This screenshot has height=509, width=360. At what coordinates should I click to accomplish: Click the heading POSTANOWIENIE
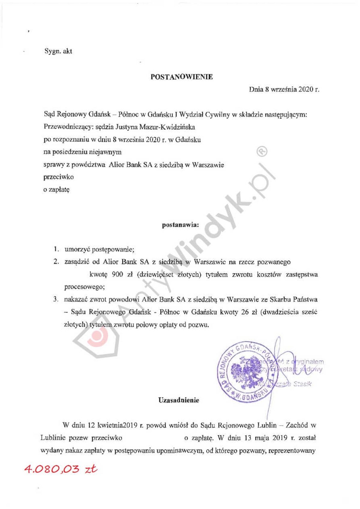click(x=181, y=77)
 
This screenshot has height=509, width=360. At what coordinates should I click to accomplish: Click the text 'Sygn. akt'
click(x=58, y=51)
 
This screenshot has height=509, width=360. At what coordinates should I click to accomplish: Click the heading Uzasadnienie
click(x=179, y=400)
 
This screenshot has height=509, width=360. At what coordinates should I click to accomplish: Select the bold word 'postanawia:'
click(x=180, y=225)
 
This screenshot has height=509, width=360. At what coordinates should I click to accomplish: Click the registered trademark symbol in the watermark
click(x=262, y=152)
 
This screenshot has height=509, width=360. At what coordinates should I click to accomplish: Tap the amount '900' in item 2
click(x=117, y=274)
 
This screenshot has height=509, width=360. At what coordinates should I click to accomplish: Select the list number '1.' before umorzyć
click(x=56, y=249)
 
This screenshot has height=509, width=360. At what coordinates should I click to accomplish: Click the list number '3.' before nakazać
click(x=55, y=299)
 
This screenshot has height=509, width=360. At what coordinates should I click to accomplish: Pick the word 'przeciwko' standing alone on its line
click(x=58, y=177)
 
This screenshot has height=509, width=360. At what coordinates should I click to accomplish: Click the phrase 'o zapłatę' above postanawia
click(x=56, y=190)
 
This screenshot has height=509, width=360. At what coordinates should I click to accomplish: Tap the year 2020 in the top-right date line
click(x=306, y=89)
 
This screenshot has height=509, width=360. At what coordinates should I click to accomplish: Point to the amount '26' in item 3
click(x=245, y=312)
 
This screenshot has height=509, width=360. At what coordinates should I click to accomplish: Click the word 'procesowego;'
click(x=84, y=287)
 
